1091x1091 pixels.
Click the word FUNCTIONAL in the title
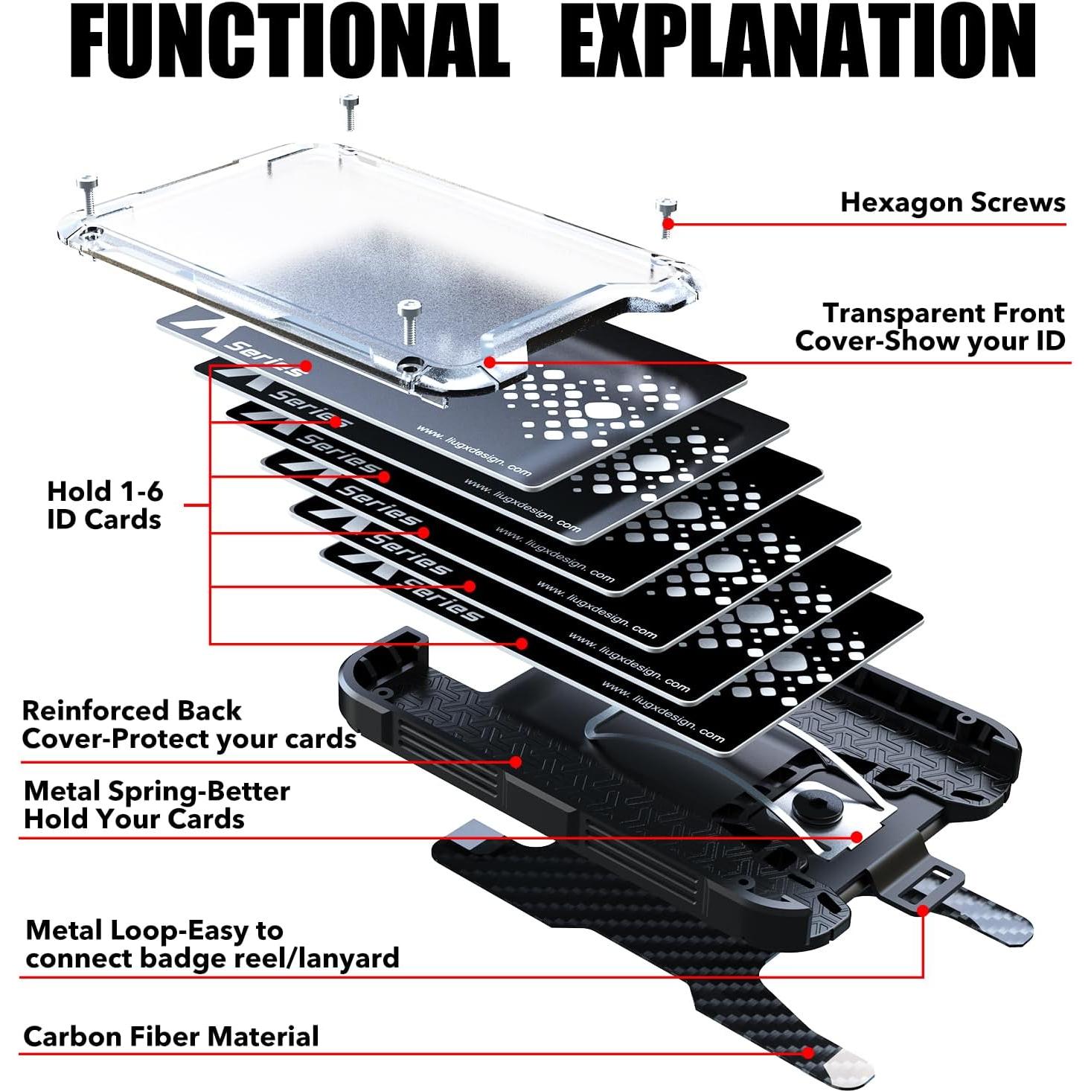290,41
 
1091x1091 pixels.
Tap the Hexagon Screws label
953,202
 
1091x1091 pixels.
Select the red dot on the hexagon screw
668,223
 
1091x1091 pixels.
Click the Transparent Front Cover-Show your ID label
930,327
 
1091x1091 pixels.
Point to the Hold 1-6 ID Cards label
104,505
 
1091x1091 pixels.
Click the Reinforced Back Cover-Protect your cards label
189,725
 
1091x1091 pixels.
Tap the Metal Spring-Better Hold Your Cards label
156,804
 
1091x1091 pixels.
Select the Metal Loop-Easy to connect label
212,944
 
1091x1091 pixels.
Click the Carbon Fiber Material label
171,1037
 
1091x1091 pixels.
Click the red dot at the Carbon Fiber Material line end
808,1052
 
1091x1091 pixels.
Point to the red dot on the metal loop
922,910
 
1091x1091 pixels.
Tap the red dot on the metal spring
857,837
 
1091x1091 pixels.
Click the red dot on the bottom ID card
522,643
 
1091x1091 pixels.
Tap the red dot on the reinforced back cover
516,761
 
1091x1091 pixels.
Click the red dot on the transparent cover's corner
489,362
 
